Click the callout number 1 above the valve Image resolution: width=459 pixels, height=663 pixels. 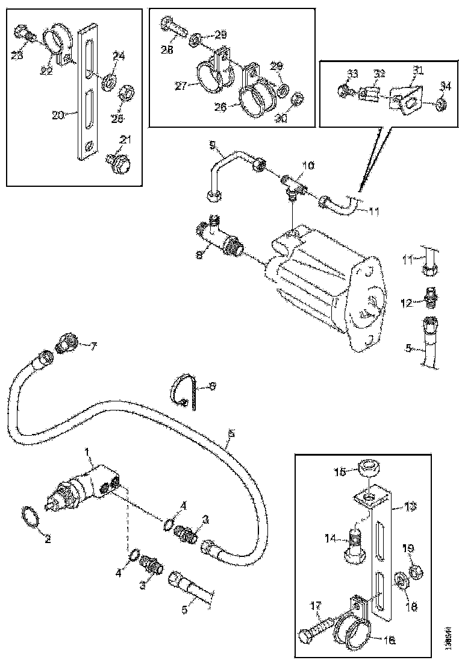pos(87,451)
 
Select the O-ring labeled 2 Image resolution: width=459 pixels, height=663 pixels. pos(30,518)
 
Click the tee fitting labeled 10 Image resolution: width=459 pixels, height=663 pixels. pos(293,183)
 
